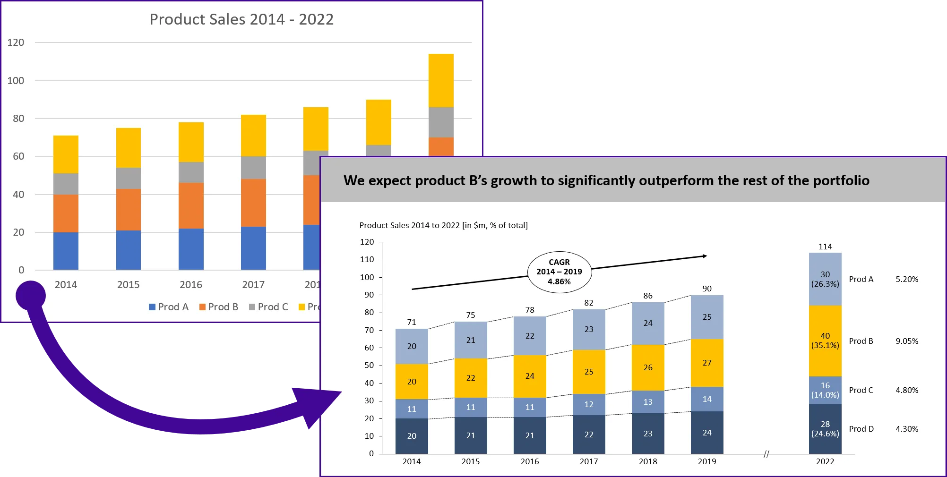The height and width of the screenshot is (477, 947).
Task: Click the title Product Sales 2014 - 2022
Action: pos(241,19)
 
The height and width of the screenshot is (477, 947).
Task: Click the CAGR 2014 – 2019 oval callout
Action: pos(559,272)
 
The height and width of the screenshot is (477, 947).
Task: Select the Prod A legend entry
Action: pos(169,307)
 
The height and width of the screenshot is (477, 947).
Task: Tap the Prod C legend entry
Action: pos(268,307)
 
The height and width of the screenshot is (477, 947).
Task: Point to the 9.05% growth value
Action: pos(907,341)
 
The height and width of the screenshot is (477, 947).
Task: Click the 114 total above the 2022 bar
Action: pos(825,247)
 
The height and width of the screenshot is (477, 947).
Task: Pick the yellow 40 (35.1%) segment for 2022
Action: pos(825,341)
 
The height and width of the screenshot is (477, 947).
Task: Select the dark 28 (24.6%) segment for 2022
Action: pos(825,429)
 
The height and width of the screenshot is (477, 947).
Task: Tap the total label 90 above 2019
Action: pos(707,289)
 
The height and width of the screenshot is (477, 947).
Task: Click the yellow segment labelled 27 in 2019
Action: pos(707,363)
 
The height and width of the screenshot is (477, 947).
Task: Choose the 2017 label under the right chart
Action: pos(589,461)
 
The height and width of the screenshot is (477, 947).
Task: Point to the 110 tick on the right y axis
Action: pos(367,259)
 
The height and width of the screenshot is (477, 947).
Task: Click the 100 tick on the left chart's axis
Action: pos(16,81)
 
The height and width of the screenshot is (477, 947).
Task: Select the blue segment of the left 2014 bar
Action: pos(66,251)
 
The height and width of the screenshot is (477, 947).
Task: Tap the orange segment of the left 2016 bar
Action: pos(191,205)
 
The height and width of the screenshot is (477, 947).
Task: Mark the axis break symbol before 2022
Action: pos(766,454)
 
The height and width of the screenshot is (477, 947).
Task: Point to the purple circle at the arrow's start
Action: pos(31,296)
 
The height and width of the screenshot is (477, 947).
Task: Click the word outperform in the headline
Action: pos(677,180)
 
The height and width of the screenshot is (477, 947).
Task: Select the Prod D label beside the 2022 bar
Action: pos(861,429)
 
